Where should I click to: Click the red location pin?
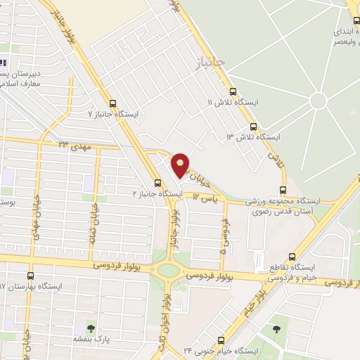(181, 164)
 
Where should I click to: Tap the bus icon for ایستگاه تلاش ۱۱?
(233, 91)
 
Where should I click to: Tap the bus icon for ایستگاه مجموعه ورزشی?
(283, 189)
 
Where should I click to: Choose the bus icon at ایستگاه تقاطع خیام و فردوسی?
(291, 257)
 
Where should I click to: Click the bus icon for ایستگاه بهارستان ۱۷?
(30, 276)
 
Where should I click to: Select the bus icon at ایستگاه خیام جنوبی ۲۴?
(221, 339)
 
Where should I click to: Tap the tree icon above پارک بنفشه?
(90, 328)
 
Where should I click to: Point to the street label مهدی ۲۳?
(76, 144)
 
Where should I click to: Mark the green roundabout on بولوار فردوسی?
(168, 270)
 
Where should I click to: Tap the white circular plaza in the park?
(318, 101)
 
